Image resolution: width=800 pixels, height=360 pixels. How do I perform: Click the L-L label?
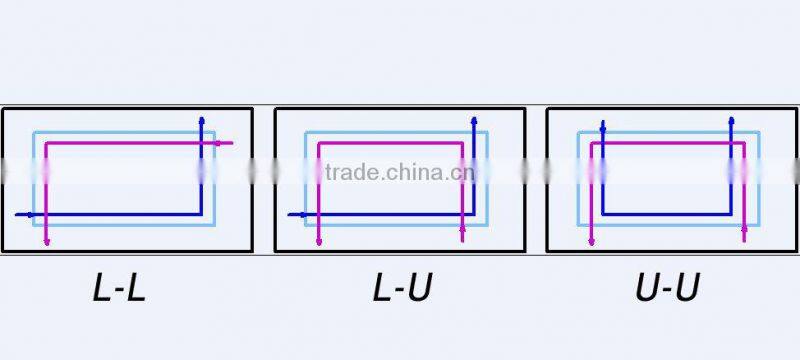[119, 289]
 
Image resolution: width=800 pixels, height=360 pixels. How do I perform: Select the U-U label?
[667, 289]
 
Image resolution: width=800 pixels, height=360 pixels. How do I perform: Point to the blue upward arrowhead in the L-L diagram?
[202, 119]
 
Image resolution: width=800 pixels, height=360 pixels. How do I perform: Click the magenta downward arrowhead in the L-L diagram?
[47, 241]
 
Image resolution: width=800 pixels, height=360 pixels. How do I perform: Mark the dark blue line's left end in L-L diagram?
[18, 214]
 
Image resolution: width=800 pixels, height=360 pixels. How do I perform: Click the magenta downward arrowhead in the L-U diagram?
[318, 241]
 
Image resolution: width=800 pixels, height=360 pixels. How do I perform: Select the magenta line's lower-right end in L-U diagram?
[462, 240]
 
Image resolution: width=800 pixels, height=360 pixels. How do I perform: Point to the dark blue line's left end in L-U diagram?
[290, 214]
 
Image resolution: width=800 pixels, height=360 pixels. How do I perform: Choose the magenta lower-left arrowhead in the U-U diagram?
[591, 241]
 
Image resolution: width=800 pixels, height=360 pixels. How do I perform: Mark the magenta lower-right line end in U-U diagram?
[744, 240]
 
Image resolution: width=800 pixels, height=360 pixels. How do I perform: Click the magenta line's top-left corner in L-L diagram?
[47, 143]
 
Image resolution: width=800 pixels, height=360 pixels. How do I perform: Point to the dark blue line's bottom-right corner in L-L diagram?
[202, 214]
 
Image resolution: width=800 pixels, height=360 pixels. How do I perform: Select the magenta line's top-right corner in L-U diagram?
[462, 143]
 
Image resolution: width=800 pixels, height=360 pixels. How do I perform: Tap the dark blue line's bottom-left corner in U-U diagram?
[603, 214]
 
